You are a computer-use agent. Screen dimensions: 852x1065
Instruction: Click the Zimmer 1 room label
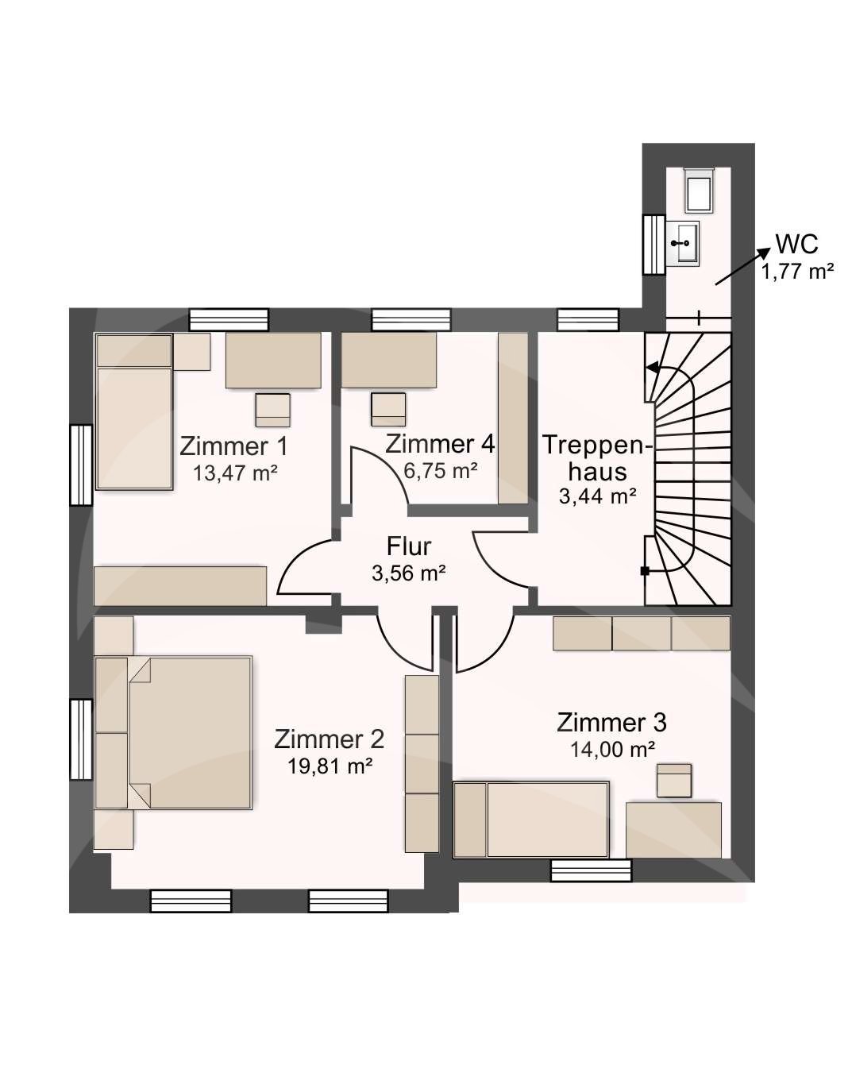point(233,446)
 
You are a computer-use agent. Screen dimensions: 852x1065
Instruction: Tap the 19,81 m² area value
point(330,766)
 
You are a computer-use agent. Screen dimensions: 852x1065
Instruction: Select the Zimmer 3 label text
point(611,723)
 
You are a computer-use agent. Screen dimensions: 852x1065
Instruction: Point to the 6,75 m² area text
point(441,470)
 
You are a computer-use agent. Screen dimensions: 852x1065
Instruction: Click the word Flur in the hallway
point(409,546)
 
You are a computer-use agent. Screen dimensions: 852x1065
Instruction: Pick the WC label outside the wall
point(796,244)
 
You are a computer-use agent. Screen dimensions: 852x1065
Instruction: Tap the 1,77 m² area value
point(797,272)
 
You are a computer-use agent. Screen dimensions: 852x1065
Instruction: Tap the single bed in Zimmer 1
point(134,411)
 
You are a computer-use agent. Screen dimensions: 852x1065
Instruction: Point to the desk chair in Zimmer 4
point(388,410)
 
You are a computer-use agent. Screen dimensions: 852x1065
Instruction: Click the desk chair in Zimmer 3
point(674,781)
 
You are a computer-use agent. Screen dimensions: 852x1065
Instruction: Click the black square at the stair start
point(645,571)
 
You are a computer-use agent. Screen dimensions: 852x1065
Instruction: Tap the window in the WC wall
point(653,245)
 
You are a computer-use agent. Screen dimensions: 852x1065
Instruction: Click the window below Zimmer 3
point(592,870)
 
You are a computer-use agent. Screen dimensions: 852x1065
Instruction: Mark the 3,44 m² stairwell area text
point(597,496)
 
